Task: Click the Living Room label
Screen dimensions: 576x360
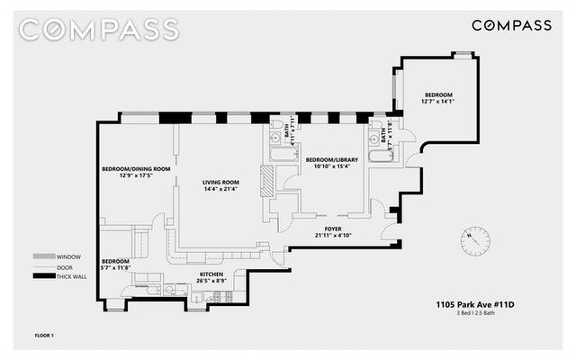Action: [220, 182]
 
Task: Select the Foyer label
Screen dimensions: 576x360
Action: [334, 229]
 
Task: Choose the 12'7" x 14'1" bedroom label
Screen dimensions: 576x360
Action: [438, 95]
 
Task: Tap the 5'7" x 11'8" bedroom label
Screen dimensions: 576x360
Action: [116, 261]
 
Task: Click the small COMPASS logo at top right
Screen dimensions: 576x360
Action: [512, 25]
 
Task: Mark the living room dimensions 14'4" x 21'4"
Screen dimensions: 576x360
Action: [220, 189]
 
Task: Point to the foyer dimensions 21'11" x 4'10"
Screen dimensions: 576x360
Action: [334, 236]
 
